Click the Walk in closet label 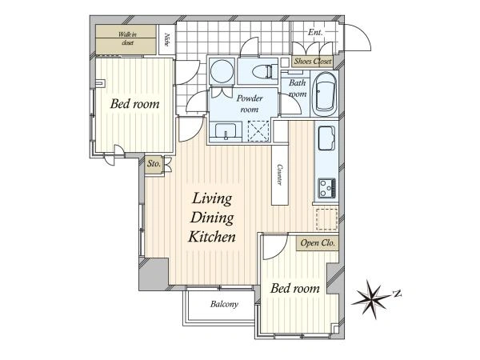127,38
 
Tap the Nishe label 167,39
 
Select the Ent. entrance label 315,32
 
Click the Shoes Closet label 312,62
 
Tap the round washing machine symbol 222,70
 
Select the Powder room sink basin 226,132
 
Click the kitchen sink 326,138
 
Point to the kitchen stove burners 326,188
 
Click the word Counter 279,174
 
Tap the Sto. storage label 154,163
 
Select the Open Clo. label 318,243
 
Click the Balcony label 224,304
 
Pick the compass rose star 371,298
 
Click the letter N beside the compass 398,294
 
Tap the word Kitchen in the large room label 212,237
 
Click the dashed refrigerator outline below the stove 326,219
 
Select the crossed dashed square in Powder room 258,131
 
